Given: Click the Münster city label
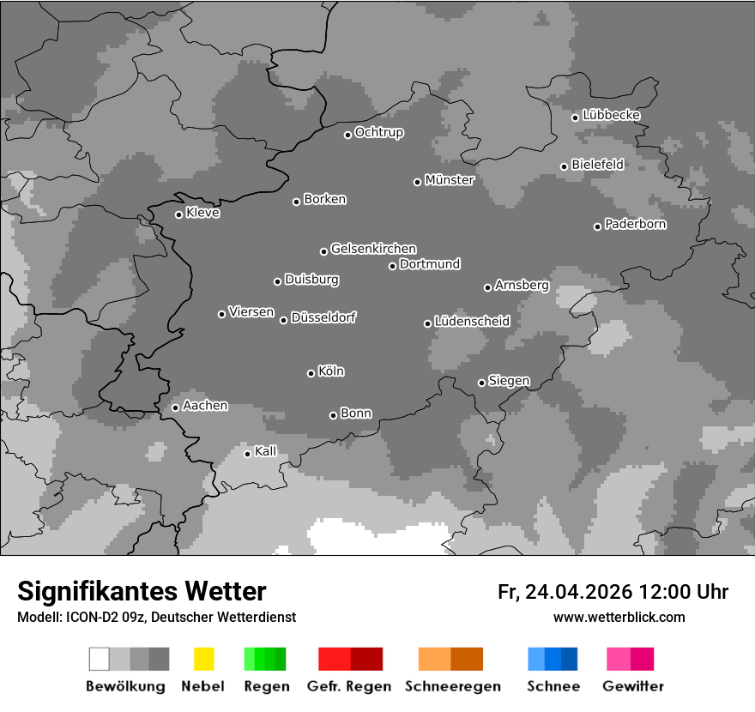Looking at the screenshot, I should tap(449, 180).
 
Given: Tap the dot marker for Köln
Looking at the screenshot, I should tap(311, 373).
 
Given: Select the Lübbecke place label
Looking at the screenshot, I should tap(611, 115).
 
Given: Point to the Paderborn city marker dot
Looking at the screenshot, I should tap(597, 226).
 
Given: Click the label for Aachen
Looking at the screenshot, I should tap(205, 406).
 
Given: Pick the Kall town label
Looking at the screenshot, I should tap(266, 451).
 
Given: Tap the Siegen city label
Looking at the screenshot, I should tap(509, 381).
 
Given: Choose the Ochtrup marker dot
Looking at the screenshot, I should tap(347, 135).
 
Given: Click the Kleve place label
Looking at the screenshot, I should tap(202, 213).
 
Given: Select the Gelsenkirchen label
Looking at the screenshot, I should tap(373, 249).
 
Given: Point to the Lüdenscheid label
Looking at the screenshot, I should tap(472, 322).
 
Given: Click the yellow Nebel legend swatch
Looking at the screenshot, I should tap(203, 659).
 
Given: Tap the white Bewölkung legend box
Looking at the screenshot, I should tap(100, 659).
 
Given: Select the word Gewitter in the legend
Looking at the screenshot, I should tap(632, 686).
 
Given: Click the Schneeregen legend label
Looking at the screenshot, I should tap(452, 686).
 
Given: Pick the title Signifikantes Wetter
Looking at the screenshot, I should tap(142, 591).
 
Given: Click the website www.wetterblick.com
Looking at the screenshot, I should tap(619, 617).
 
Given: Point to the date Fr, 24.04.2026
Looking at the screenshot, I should tap(565, 592).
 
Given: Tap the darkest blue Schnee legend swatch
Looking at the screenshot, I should tap(569, 659).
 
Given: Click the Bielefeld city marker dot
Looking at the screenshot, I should tap(564, 166).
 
